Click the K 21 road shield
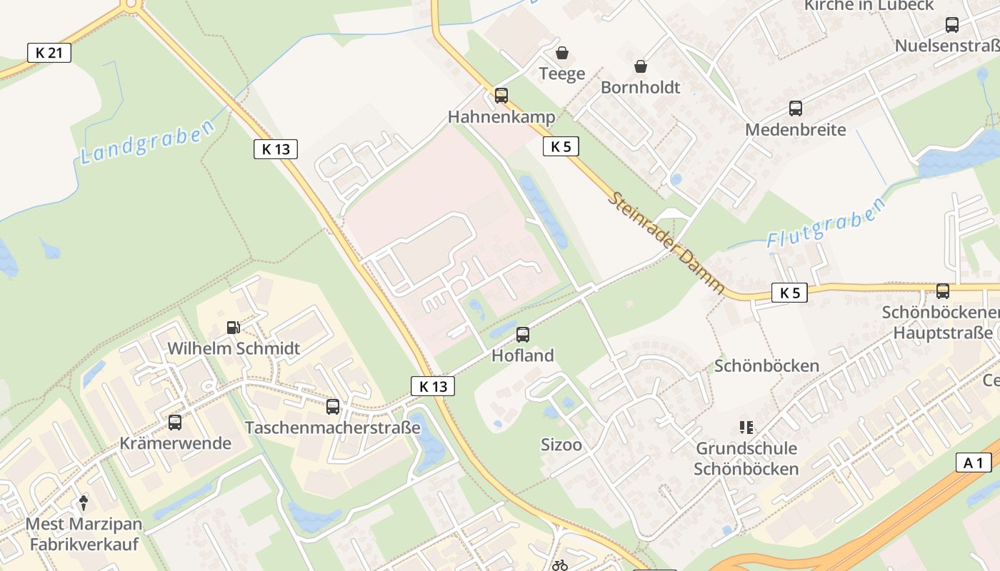pos(49,52)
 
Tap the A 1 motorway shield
pos(973,463)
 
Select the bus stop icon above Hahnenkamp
pos(501,96)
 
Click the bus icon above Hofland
pos(523,334)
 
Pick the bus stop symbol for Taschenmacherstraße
pos(333,407)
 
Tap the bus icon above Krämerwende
pos(175,422)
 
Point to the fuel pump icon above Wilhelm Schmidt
pos(233,328)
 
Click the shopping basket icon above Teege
pos(562,53)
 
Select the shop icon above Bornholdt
pos(641,66)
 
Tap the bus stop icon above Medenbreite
pos(796,108)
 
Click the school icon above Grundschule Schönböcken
pos(746,428)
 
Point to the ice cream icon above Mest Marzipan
pos(84,503)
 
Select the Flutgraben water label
pos(826,221)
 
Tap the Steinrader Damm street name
pos(666,243)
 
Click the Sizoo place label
pos(561,445)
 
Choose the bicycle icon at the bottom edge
pos(560,565)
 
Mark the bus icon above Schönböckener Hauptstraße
pos(943,291)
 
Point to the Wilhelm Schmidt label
pos(234,348)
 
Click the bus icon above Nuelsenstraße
pos(952,25)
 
